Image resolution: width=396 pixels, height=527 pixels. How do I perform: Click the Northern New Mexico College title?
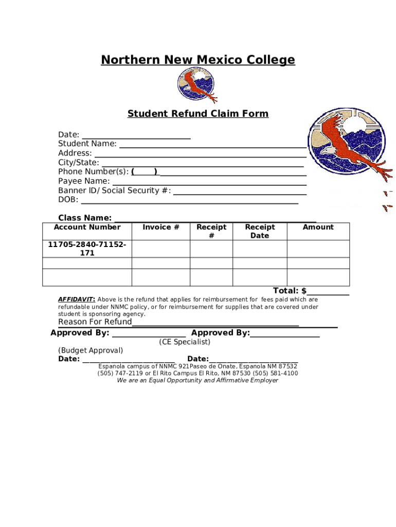click(x=198, y=60)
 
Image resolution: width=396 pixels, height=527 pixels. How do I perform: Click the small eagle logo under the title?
click(x=196, y=85)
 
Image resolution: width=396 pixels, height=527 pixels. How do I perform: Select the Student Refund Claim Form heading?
click(x=198, y=114)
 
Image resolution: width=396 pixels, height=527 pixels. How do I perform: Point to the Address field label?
click(x=75, y=153)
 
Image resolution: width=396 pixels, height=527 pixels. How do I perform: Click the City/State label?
click(x=79, y=162)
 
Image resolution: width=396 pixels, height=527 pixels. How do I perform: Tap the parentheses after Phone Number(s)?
click(x=145, y=172)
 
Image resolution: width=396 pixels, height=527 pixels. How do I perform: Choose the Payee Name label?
click(x=84, y=181)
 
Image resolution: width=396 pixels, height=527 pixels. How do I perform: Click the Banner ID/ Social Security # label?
click(x=115, y=190)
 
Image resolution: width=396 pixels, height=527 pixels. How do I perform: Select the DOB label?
click(x=68, y=200)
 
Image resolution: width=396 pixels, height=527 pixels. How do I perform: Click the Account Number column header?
click(x=87, y=227)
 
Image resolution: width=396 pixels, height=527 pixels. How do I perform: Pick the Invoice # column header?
click(x=161, y=227)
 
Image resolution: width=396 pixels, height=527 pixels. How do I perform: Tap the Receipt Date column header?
click(x=260, y=231)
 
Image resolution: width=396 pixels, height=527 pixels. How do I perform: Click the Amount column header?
click(x=318, y=227)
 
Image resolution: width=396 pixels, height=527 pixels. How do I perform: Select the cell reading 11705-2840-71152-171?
click(x=87, y=249)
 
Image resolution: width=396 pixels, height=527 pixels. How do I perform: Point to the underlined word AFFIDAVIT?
click(x=76, y=300)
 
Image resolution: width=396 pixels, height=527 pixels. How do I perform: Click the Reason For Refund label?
click(x=95, y=322)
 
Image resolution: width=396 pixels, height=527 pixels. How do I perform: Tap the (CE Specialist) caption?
click(x=185, y=342)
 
